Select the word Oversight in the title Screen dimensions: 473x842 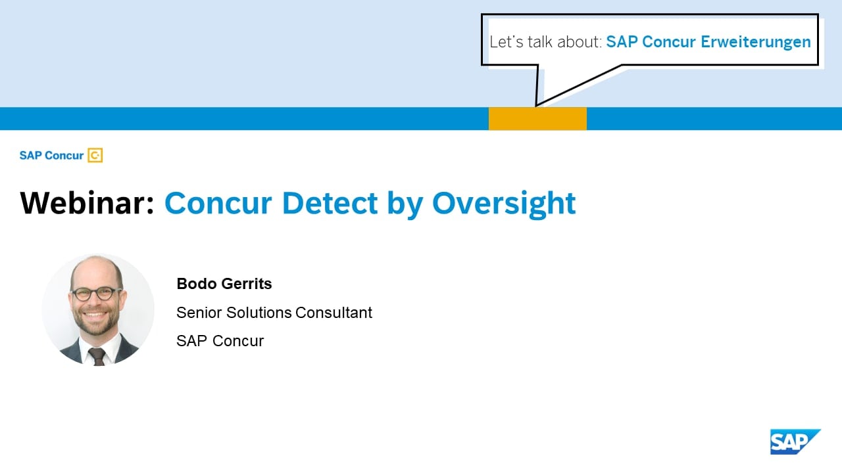click(504, 203)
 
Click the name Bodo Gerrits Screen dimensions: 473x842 click(224, 284)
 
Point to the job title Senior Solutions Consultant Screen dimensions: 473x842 click(274, 313)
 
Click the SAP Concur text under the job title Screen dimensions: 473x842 click(220, 341)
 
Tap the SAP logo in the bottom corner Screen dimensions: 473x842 click(795, 441)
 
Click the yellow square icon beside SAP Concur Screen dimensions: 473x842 click(95, 156)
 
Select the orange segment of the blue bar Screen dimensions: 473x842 click(537, 119)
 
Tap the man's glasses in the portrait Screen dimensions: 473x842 click(97, 293)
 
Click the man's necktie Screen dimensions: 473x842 click(97, 355)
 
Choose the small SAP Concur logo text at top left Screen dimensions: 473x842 click(51, 156)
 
